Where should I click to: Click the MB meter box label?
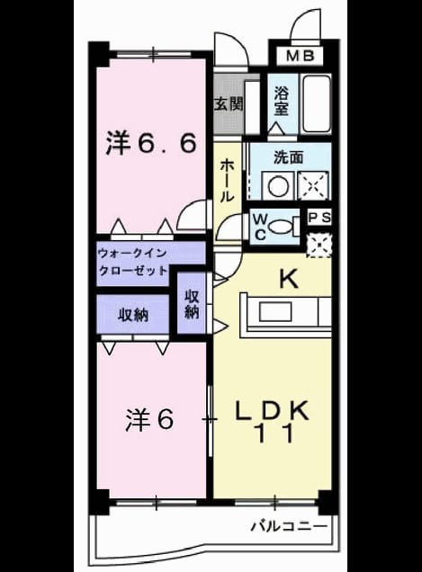click(300, 56)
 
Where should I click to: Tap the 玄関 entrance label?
click(229, 105)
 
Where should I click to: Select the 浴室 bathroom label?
click(282, 102)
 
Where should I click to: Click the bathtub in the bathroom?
click(317, 104)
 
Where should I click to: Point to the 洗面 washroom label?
click(289, 157)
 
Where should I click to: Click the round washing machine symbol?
click(279, 186)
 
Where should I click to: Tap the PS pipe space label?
click(319, 218)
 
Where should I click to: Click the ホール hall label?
click(227, 181)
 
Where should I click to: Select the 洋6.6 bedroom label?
click(151, 143)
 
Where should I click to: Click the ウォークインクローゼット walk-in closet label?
click(133, 262)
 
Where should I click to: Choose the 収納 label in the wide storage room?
click(133, 315)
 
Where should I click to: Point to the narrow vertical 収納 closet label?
click(192, 304)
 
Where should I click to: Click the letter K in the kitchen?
click(289, 280)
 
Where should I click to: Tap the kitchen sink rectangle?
click(275, 312)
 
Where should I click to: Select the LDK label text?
click(272, 410)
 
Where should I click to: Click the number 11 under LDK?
click(275, 433)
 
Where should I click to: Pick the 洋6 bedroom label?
click(149, 419)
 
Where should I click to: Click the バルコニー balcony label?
click(289, 526)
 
